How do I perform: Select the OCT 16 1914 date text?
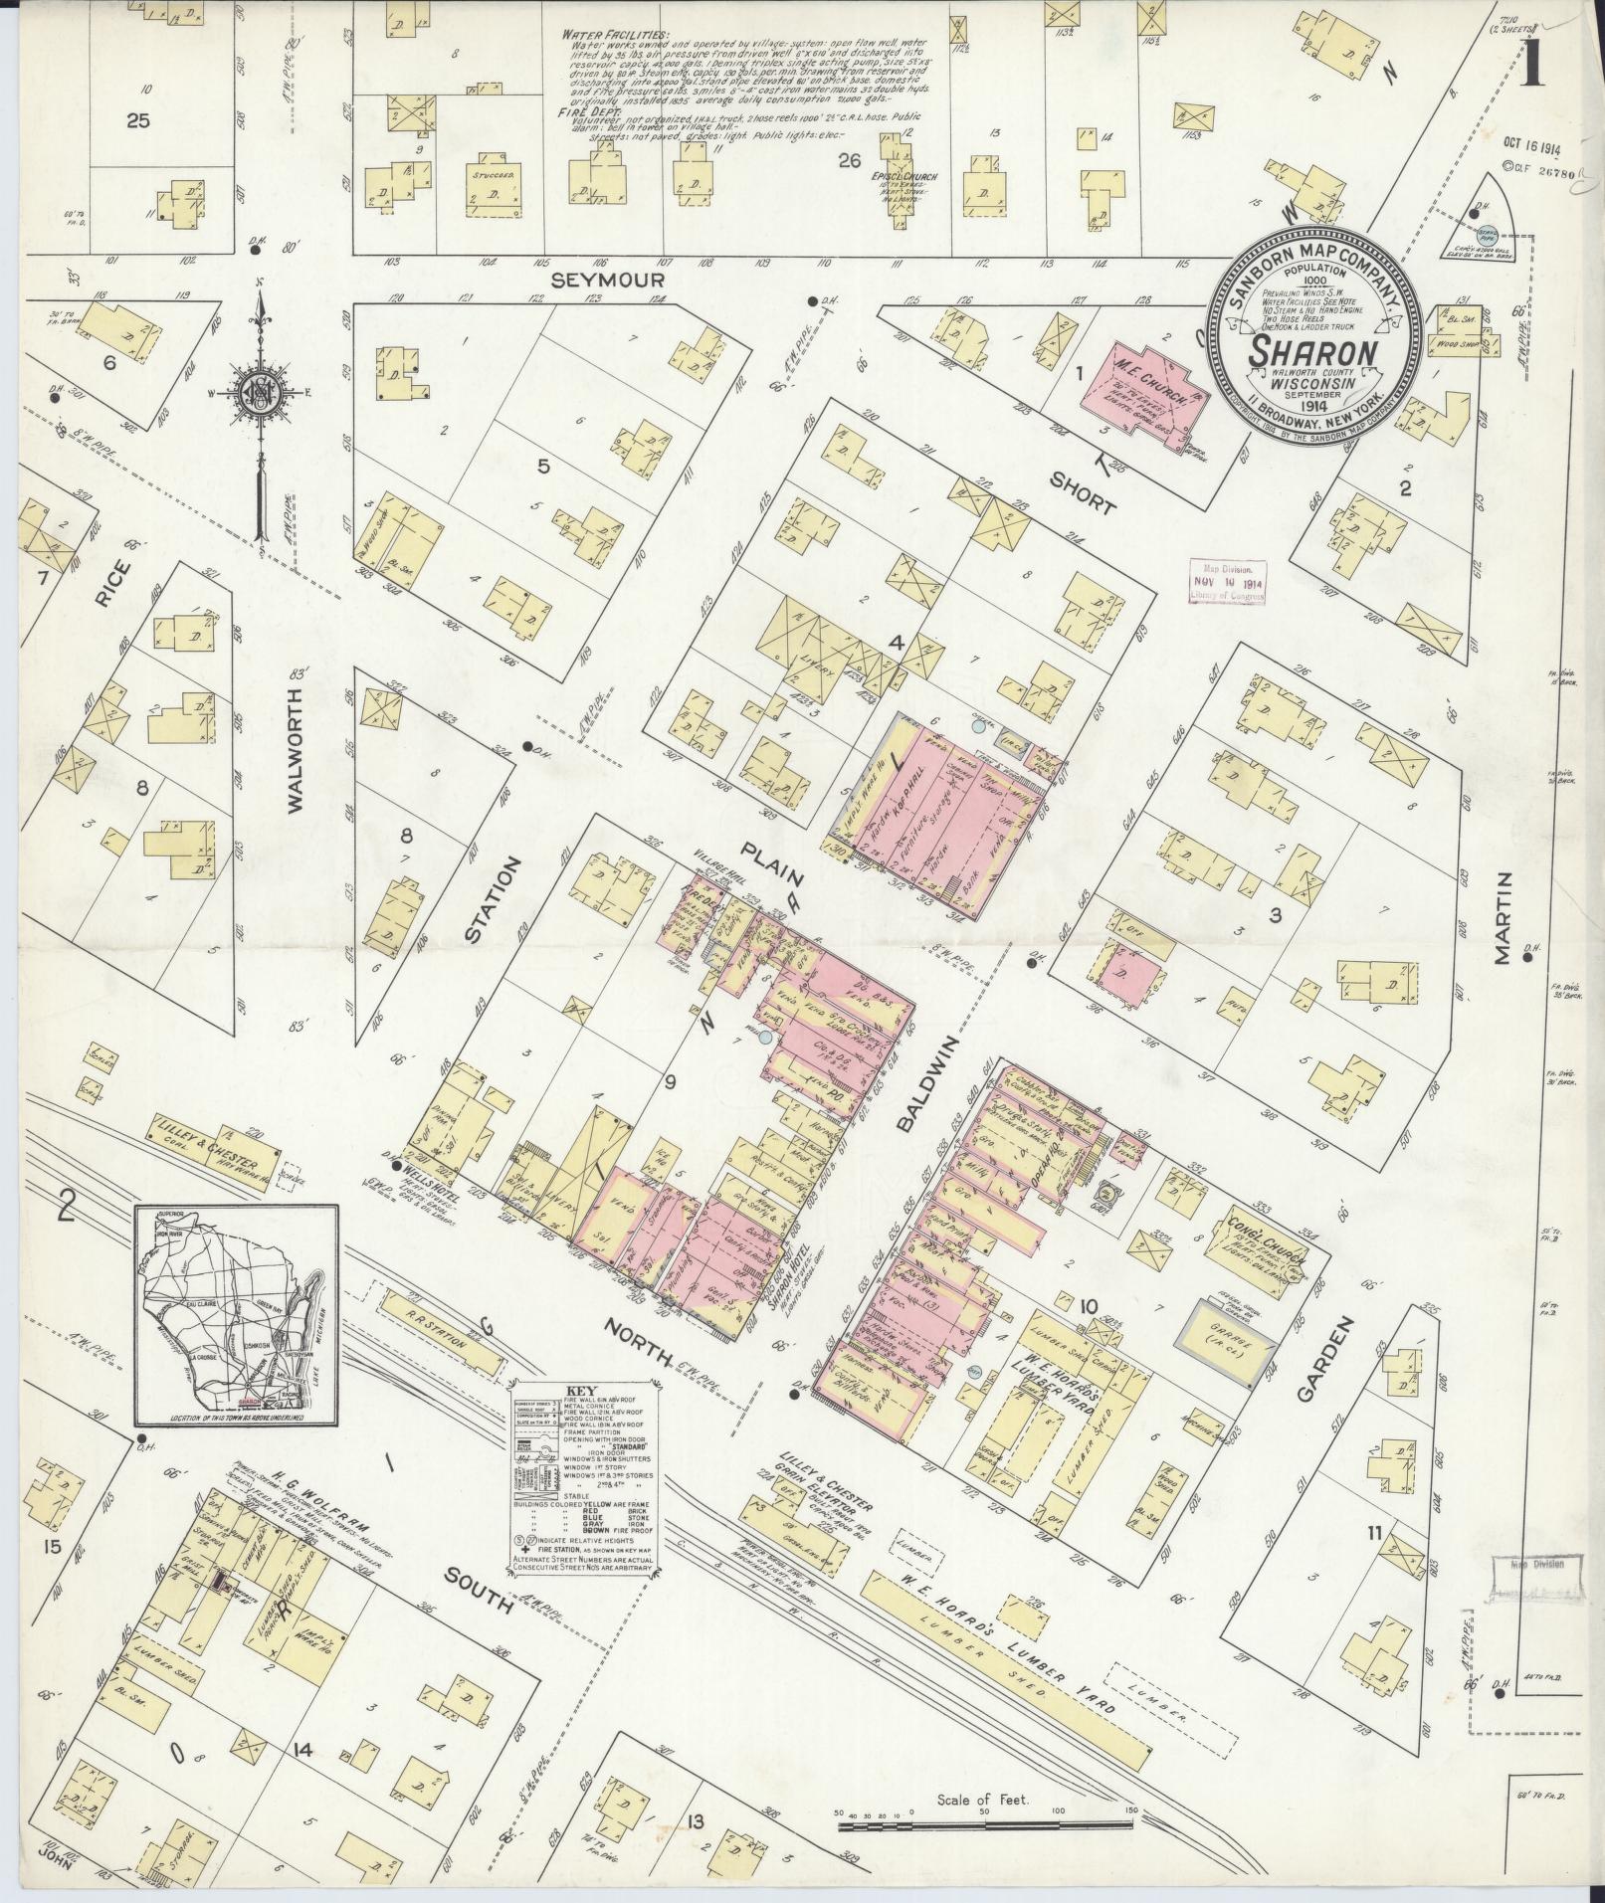[x=1531, y=145]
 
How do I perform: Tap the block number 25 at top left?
[x=137, y=120]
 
